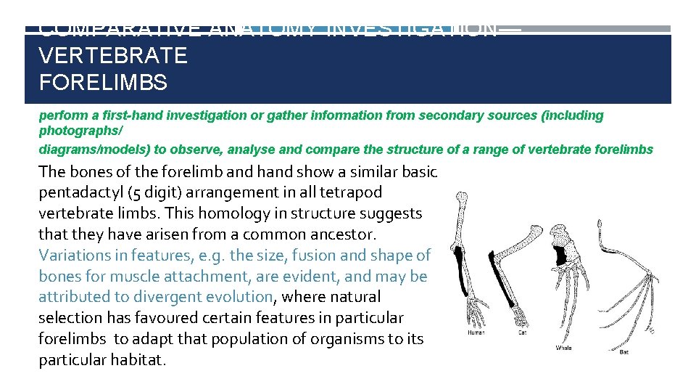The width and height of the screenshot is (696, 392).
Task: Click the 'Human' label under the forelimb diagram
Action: (x=476, y=333)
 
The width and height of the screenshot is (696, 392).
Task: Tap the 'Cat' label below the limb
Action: (x=522, y=333)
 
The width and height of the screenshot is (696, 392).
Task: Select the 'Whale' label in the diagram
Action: (x=563, y=348)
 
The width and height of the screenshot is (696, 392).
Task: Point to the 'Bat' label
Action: (x=624, y=352)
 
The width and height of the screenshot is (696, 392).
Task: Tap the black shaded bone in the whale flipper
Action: (x=560, y=254)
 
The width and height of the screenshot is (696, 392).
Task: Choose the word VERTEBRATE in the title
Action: (x=113, y=55)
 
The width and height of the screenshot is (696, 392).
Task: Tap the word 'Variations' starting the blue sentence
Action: (x=75, y=256)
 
